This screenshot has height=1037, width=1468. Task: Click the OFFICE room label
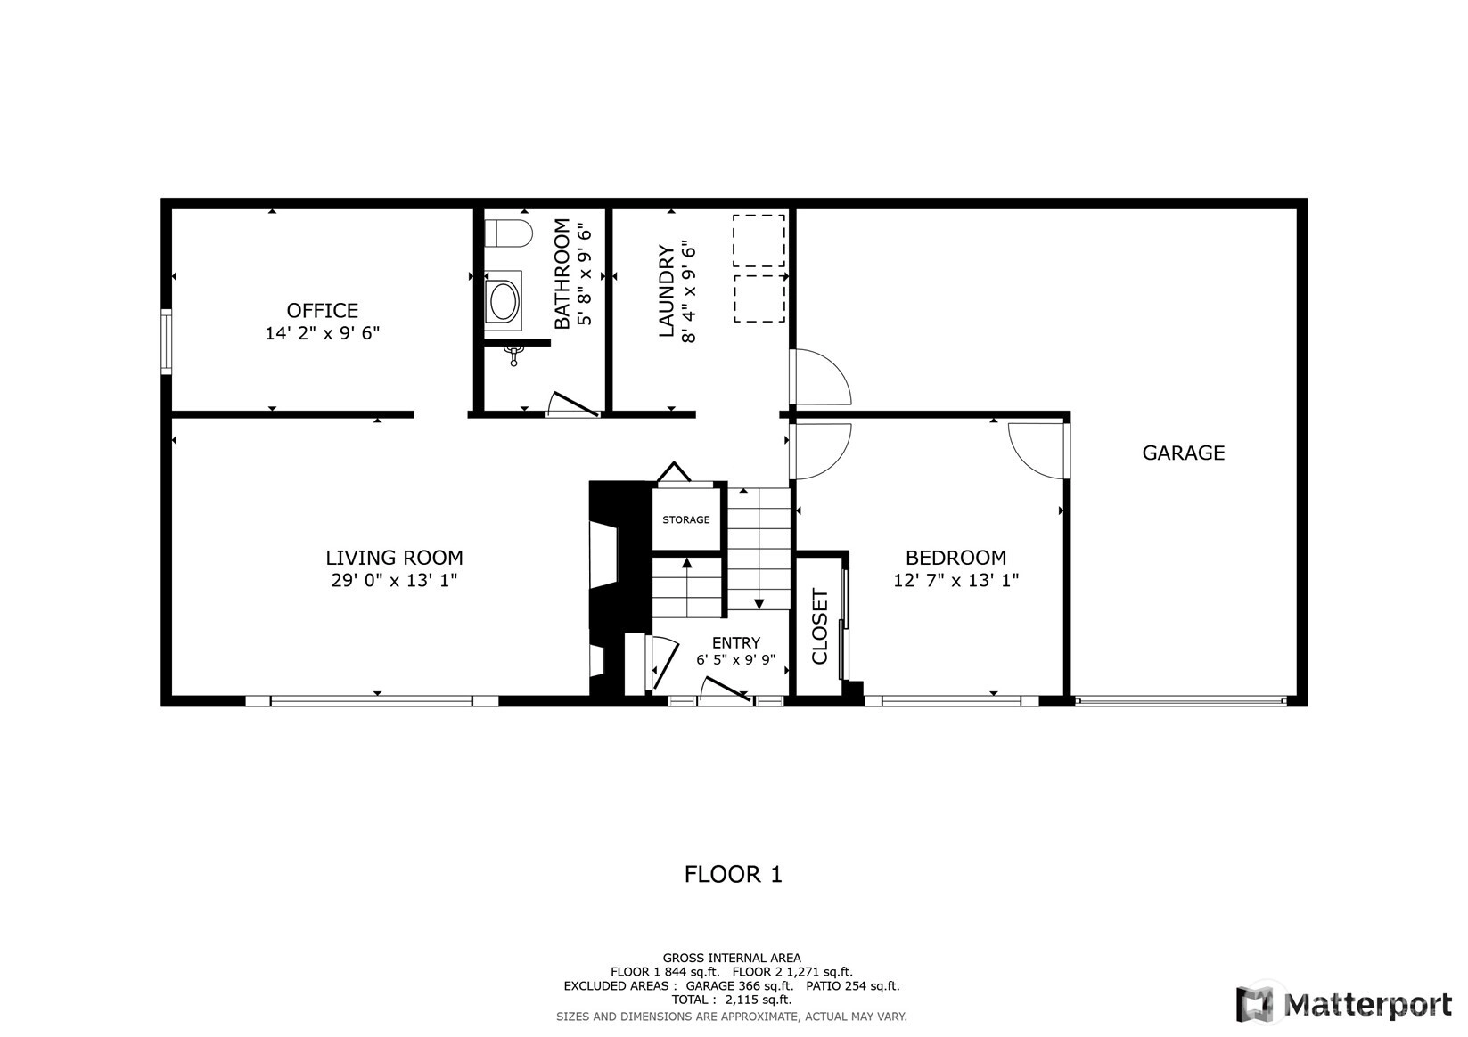323,310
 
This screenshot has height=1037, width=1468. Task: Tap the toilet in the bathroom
509,233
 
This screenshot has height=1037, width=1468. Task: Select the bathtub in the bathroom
504,300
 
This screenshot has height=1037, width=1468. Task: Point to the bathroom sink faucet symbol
513,355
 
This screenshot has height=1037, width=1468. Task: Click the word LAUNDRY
667,290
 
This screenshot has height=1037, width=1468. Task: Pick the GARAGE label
1183,453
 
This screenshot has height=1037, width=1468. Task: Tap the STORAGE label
685,519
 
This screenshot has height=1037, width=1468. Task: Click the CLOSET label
820,626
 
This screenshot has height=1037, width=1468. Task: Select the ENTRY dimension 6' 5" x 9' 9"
735,659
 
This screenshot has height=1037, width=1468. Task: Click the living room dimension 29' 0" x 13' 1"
394,580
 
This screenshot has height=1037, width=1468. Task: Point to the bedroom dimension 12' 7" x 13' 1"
955,580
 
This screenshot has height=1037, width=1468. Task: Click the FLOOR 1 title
734,874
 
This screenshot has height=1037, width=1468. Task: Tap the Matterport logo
1344,1004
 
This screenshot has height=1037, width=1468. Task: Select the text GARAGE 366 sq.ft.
739,985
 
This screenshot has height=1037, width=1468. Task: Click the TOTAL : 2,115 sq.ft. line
732,1000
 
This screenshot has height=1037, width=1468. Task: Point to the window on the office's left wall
167,342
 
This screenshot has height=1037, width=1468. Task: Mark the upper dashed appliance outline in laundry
759,241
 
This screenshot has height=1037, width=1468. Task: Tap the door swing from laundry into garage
821,377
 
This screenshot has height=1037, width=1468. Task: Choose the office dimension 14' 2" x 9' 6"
323,333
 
